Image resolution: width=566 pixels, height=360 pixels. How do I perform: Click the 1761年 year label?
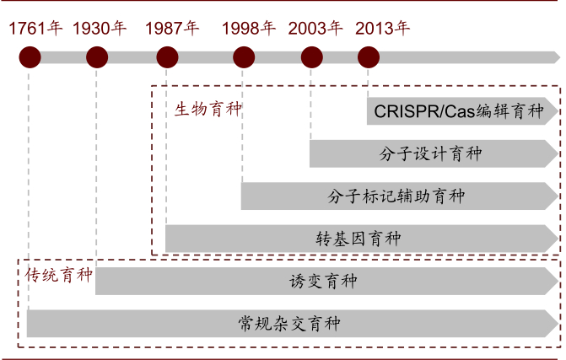tap(36, 28)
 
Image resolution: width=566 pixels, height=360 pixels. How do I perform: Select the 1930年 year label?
tap(100, 28)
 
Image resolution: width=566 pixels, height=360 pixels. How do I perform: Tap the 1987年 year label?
tap(172, 28)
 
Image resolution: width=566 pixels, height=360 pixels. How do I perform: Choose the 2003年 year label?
tap(315, 28)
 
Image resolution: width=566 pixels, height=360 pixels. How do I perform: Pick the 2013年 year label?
tap(383, 28)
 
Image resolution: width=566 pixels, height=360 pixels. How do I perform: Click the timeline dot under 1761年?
tap(30, 58)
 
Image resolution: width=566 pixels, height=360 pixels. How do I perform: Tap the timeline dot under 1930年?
tap(97, 58)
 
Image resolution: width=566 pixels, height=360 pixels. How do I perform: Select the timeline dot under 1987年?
tap(167, 58)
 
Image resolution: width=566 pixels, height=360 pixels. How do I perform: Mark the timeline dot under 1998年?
tap(244, 58)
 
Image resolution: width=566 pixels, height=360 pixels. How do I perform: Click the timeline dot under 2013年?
tap(368, 58)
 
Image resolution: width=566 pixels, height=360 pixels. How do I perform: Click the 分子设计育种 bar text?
tap(430, 154)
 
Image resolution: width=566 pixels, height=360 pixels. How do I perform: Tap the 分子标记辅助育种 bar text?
tap(396, 196)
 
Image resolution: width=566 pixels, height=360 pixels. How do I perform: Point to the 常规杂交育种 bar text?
tap(288, 324)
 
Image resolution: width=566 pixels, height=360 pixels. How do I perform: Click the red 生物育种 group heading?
tap(208, 110)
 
